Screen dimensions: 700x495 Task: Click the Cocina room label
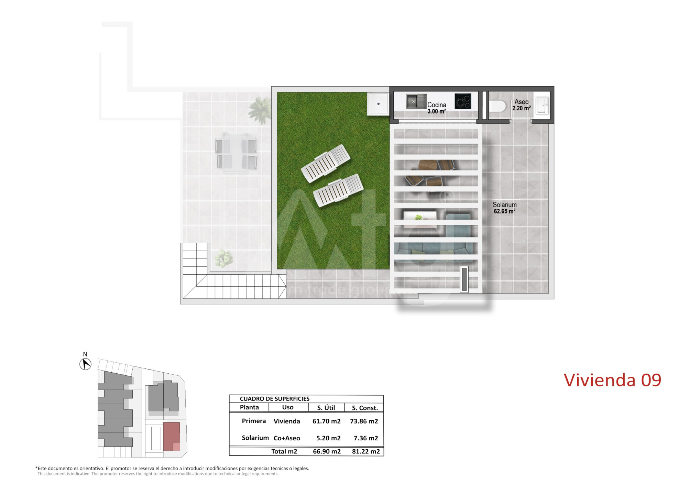[437, 105]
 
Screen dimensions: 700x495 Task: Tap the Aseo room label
[521, 102]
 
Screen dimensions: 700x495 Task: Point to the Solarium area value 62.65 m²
[504, 211]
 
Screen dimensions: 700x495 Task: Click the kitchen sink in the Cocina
[416, 101]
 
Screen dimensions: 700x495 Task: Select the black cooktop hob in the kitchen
[463, 101]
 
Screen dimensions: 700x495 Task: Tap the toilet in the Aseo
[497, 106]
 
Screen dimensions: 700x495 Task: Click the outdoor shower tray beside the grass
[378, 103]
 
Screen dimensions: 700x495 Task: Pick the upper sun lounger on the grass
[326, 163]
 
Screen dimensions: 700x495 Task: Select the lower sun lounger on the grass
[338, 190]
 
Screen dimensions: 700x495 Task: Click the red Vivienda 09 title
[612, 380]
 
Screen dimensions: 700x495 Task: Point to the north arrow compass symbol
[85, 364]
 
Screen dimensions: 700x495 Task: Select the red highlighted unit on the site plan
[171, 437]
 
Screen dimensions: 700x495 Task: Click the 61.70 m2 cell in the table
[326, 421]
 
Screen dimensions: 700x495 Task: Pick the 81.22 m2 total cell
[366, 451]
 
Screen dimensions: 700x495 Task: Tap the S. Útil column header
[326, 408]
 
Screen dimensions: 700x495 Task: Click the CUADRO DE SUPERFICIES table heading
[275, 399]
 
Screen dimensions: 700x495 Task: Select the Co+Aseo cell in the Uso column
[287, 438]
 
